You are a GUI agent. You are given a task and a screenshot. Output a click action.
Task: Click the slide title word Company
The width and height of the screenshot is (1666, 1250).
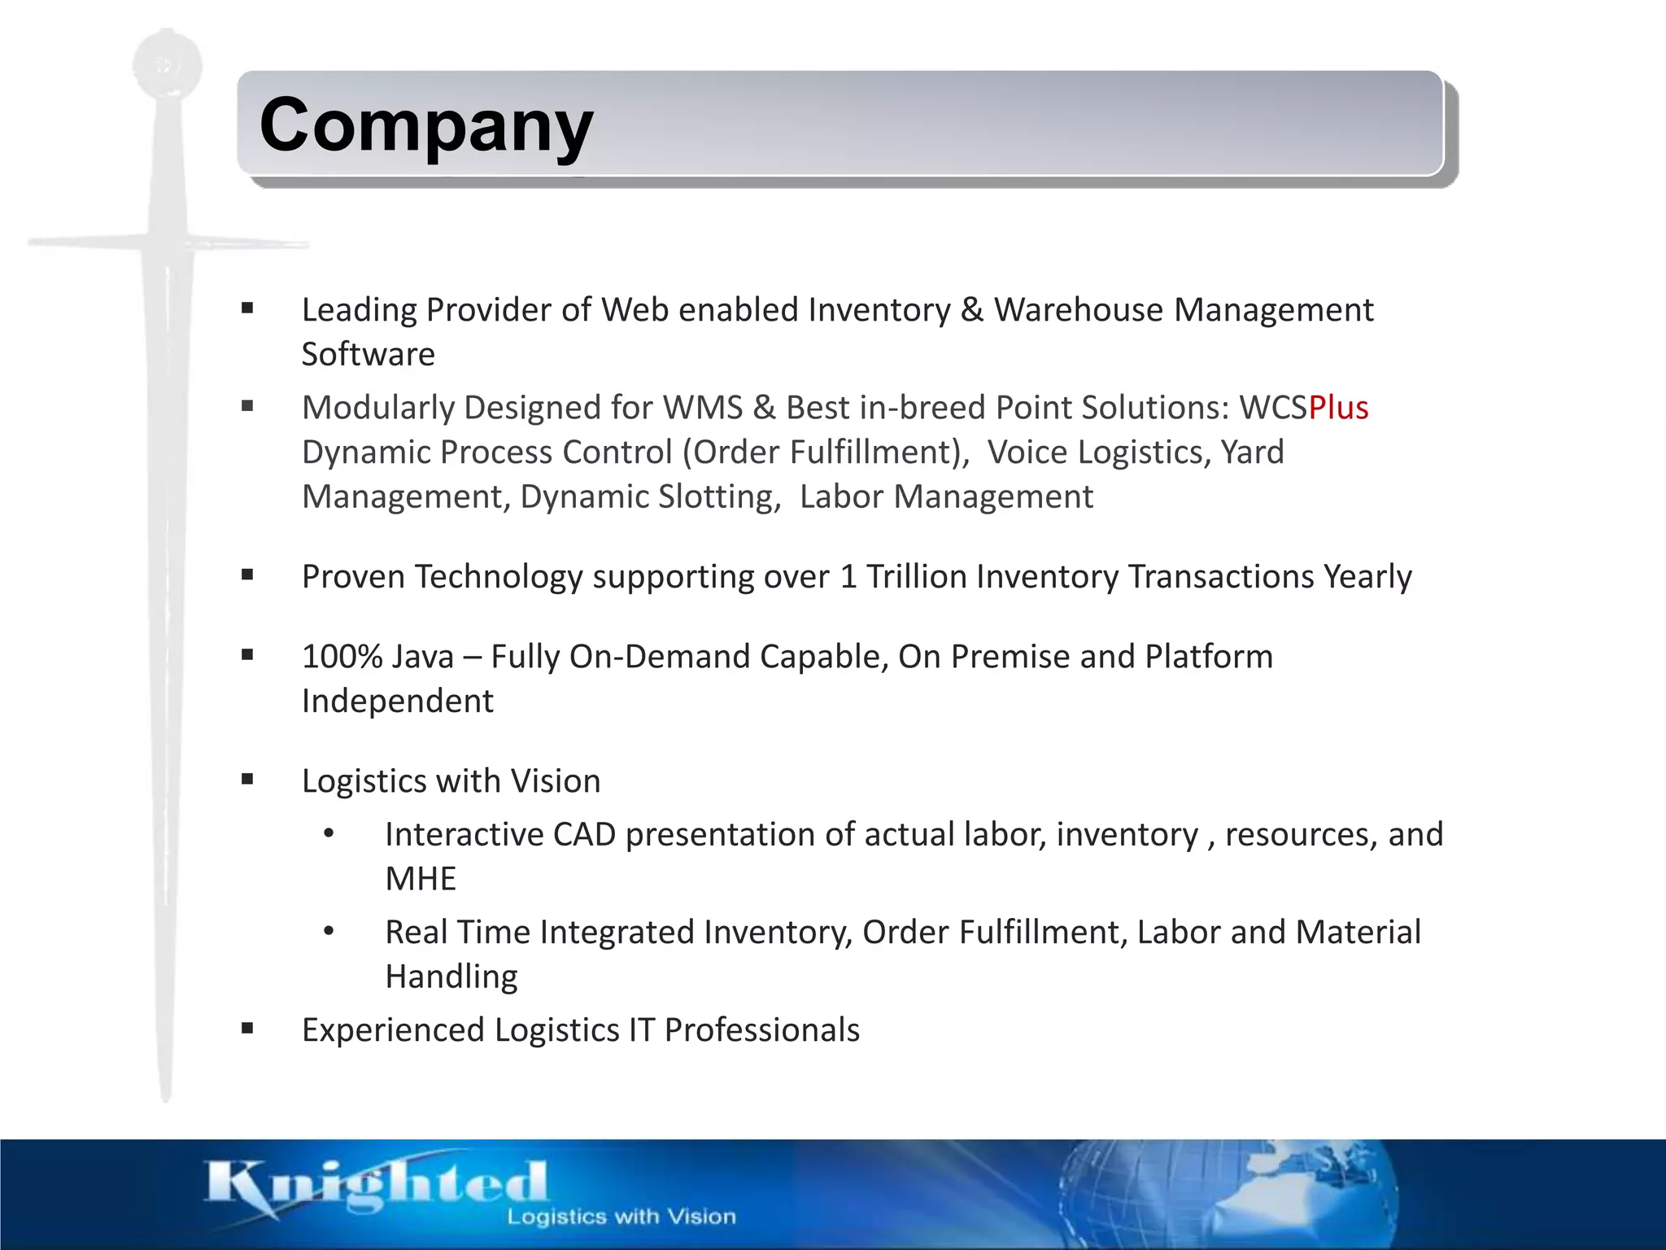tap(426, 125)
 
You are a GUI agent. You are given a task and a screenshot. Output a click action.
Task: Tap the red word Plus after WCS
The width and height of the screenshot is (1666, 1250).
tap(1338, 408)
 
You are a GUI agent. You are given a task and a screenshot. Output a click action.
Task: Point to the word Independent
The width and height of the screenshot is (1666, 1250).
tap(397, 701)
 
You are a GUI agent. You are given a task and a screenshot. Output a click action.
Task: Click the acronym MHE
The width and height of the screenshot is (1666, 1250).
tap(421, 879)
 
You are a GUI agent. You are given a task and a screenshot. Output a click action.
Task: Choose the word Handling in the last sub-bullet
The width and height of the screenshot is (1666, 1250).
tap(451, 977)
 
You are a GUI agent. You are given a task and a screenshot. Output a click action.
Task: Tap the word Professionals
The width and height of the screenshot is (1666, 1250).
tap(761, 1030)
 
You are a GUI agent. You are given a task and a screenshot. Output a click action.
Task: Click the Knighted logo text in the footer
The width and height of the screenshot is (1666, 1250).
tap(376, 1184)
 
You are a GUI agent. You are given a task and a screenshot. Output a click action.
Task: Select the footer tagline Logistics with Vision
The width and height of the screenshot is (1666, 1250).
tap(621, 1217)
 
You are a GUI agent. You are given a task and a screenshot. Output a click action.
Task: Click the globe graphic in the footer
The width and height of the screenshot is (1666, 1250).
tap(1220, 1192)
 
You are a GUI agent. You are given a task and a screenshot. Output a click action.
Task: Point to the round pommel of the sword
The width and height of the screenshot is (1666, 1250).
tap(167, 65)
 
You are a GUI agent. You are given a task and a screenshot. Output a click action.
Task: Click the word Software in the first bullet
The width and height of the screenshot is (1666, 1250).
tap(368, 355)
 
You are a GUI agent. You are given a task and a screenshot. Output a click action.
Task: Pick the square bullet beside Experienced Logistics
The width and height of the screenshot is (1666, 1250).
tap(247, 1029)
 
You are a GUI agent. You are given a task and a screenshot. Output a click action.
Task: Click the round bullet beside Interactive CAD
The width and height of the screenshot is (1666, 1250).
tap(329, 833)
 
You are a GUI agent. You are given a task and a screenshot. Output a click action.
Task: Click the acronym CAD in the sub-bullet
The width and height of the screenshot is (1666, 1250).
tap(584, 835)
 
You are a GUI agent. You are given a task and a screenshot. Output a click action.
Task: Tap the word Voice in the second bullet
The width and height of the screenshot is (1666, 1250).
tap(1027, 452)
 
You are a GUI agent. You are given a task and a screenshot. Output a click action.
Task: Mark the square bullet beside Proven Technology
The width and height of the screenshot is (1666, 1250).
tap(247, 575)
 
